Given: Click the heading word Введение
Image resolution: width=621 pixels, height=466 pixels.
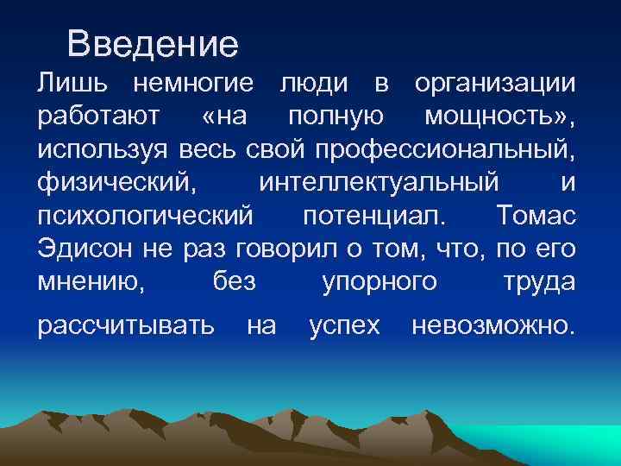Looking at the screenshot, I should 152,43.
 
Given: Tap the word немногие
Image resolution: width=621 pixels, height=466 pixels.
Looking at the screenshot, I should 191,84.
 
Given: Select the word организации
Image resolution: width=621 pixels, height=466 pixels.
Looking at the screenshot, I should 493,84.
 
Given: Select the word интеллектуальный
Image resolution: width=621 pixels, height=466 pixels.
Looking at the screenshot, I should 378,183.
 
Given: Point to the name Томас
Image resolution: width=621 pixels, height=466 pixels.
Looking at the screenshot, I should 536,216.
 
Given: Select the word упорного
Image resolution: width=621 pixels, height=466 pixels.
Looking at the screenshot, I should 379,282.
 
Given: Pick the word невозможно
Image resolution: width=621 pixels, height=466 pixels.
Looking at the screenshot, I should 492,324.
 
